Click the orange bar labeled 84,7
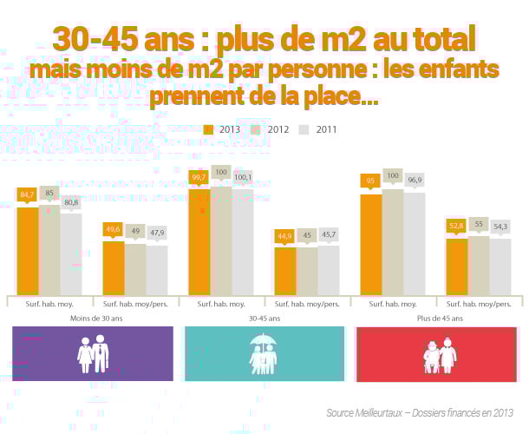[28, 251]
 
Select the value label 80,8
[71, 202]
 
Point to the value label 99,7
[199, 178]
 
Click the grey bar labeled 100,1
[242, 247]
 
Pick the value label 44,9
[285, 235]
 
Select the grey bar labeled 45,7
[329, 270]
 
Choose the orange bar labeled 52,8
[456, 266]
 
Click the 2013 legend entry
[223, 129]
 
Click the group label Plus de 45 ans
[438, 319]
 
